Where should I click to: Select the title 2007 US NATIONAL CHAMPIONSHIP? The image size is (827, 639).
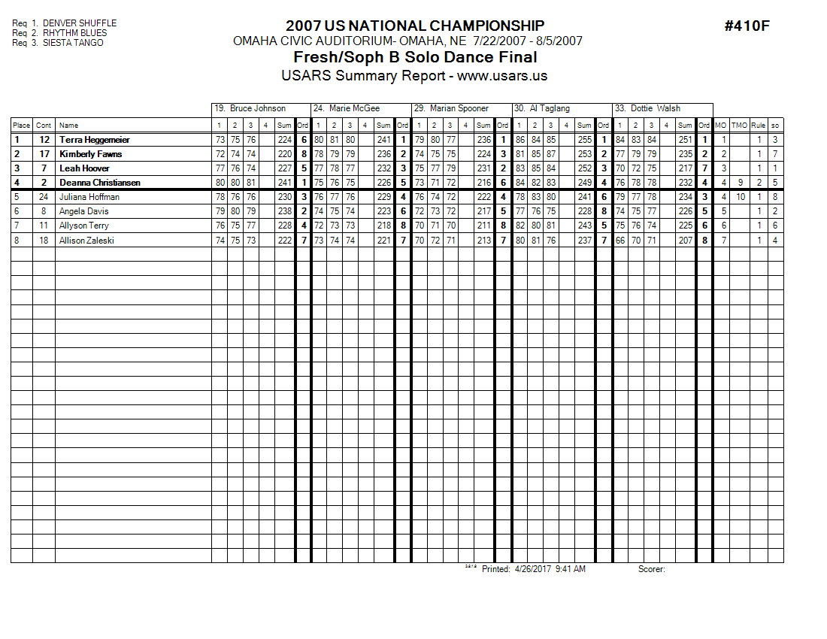click(x=415, y=26)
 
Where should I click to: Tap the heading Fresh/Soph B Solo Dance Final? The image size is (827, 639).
click(x=415, y=57)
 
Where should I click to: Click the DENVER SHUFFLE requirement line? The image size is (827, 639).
click(x=64, y=23)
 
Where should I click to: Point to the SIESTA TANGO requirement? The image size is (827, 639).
click(x=58, y=43)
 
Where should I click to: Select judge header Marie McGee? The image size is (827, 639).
click(x=357, y=108)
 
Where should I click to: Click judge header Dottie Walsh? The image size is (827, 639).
click(x=655, y=108)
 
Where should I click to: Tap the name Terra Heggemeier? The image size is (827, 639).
click(x=95, y=140)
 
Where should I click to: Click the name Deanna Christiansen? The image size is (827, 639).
click(x=100, y=183)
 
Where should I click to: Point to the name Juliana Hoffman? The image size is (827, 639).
click(x=89, y=197)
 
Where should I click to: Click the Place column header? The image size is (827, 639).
click(x=21, y=126)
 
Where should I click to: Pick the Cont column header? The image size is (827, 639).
click(x=44, y=126)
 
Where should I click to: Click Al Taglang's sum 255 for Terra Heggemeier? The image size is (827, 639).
click(x=584, y=140)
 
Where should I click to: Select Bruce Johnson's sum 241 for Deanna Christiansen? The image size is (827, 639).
click(x=284, y=183)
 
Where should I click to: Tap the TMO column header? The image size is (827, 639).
click(x=740, y=126)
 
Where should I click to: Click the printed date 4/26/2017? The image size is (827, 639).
click(x=533, y=569)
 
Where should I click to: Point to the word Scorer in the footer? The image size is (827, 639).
click(x=651, y=569)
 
